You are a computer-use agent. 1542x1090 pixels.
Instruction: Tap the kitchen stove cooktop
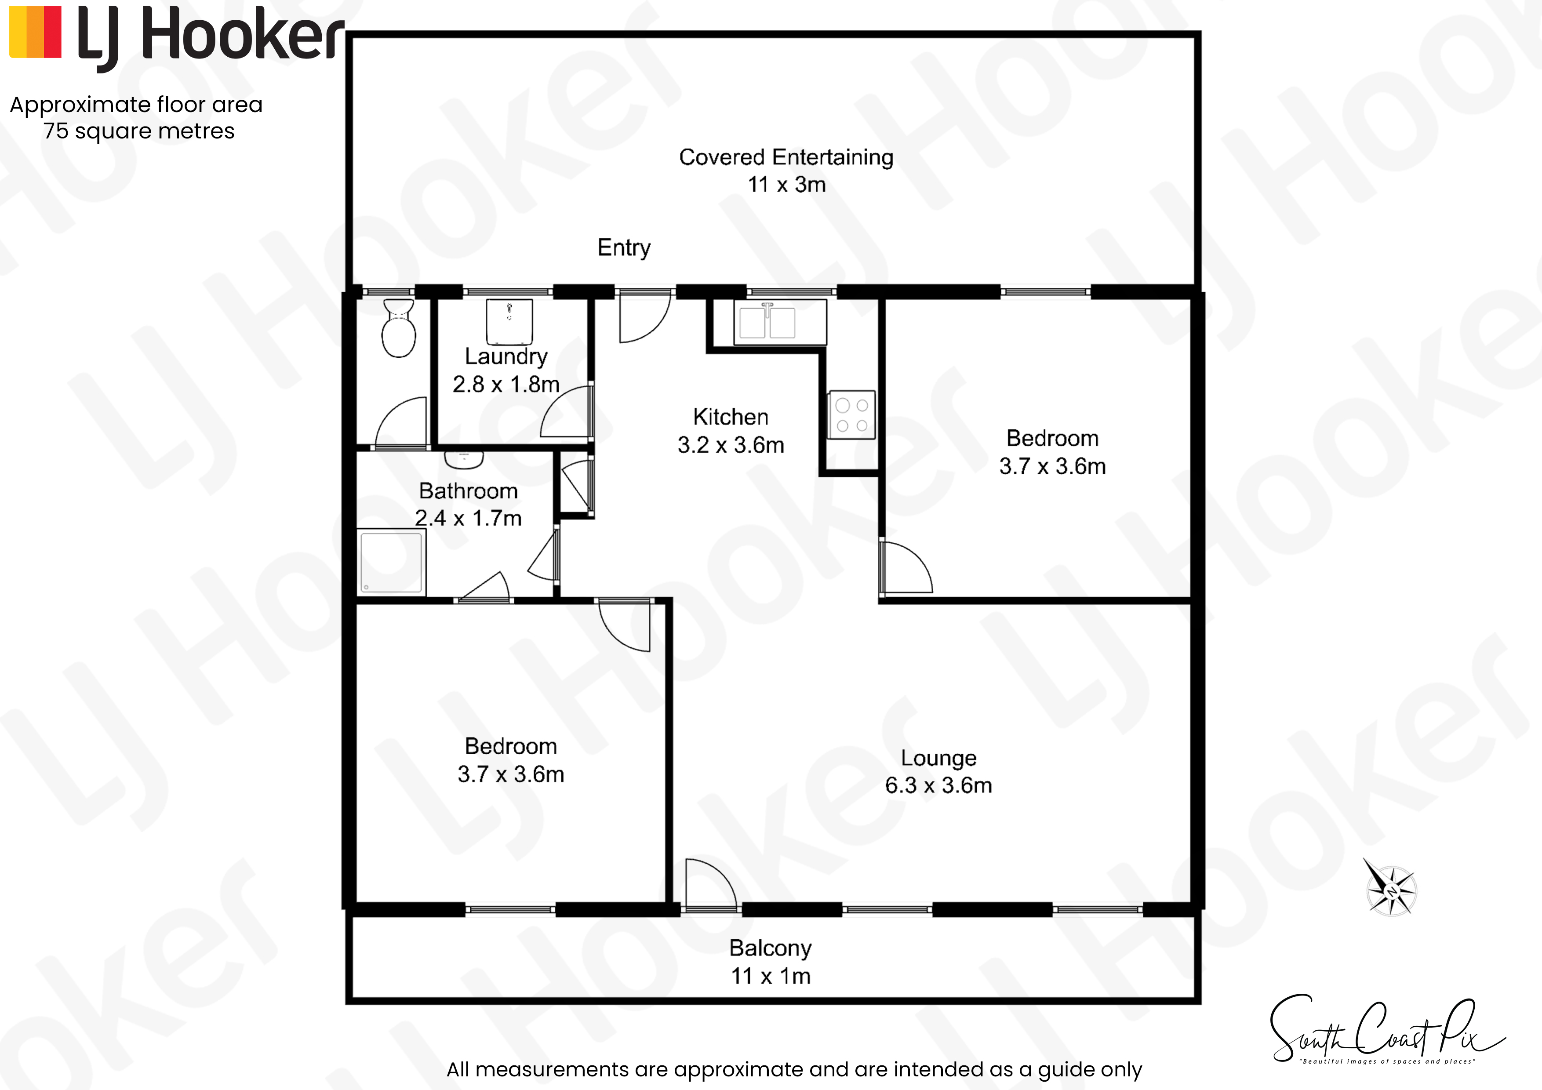[851, 414]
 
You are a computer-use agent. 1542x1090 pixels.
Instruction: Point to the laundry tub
[509, 322]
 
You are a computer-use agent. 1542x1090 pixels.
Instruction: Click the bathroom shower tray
[392, 561]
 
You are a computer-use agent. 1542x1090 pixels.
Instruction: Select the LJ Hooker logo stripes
[36, 32]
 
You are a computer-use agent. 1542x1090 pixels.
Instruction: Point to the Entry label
[624, 248]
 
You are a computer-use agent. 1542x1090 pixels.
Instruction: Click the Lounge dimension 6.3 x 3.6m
[938, 785]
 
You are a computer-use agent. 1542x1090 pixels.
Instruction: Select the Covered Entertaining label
[786, 157]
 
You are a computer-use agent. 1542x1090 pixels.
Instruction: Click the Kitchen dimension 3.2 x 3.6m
[731, 445]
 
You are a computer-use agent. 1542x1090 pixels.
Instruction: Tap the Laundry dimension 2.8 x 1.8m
[506, 384]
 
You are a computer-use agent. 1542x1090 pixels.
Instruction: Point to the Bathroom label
[468, 491]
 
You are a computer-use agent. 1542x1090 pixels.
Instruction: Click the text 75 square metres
[139, 131]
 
